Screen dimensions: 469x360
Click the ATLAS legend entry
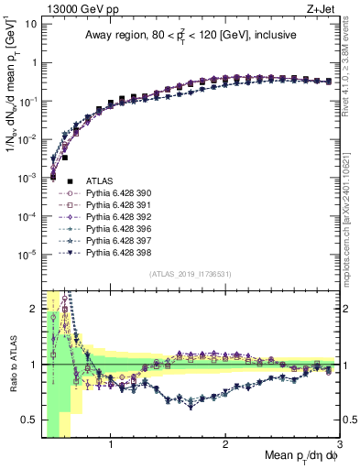98,182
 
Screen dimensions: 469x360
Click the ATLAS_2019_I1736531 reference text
190,274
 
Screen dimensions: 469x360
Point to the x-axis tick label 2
225,446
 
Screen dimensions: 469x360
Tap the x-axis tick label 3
339,446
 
